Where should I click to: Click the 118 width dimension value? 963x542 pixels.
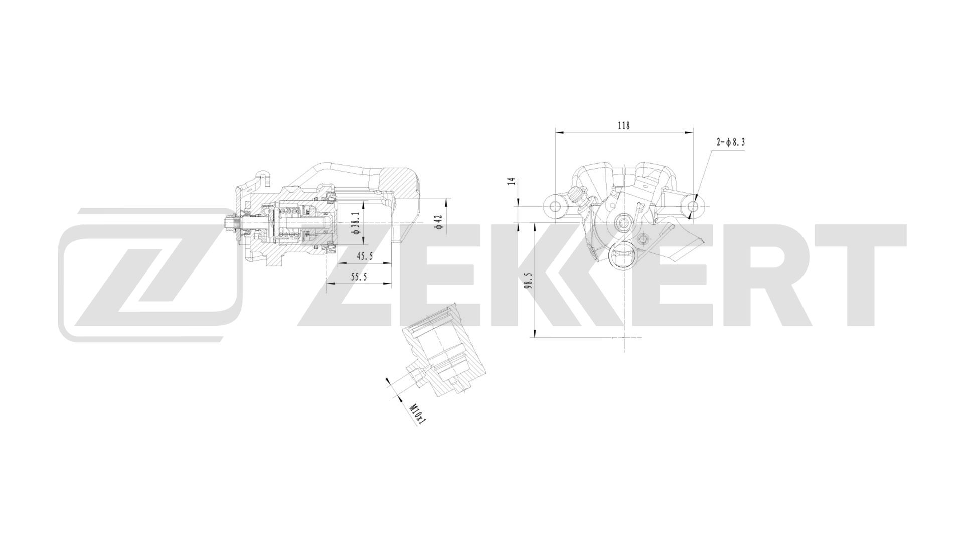[623, 126]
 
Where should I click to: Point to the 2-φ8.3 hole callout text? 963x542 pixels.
[730, 142]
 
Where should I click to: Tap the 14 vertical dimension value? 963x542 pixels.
[511, 181]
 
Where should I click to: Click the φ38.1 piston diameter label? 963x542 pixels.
[355, 223]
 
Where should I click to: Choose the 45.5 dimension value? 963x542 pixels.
[364, 256]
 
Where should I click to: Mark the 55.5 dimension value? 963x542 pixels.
[359, 276]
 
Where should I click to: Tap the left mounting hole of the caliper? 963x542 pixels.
[555, 206]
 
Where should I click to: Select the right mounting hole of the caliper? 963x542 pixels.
[693, 206]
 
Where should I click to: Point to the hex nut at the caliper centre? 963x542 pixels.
[623, 221]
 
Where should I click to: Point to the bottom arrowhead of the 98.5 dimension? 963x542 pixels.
[535, 333]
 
